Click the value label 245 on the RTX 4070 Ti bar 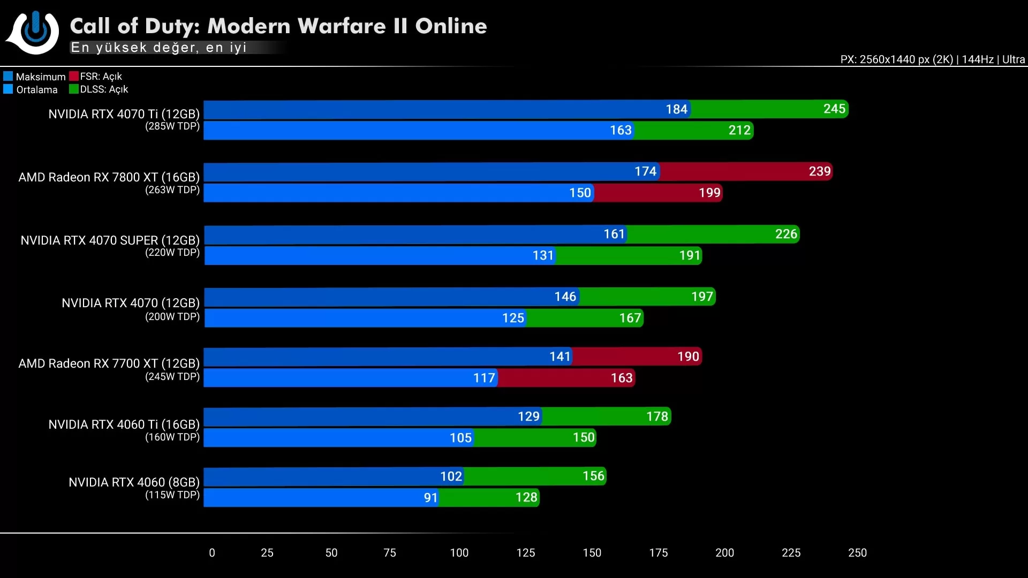[834, 109]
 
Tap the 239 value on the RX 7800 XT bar [819, 172]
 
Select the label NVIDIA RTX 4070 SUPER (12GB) [110, 240]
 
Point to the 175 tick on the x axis [658, 553]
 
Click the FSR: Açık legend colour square [74, 76]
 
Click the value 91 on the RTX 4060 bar [430, 498]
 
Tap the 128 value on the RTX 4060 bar [526, 498]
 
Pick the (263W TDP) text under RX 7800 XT [172, 190]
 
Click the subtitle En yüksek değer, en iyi [158, 48]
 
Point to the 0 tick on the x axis [212, 553]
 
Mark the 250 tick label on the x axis [857, 553]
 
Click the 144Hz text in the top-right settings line [977, 59]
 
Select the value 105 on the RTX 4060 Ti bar [460, 438]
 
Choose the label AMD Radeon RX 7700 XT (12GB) [109, 363]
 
